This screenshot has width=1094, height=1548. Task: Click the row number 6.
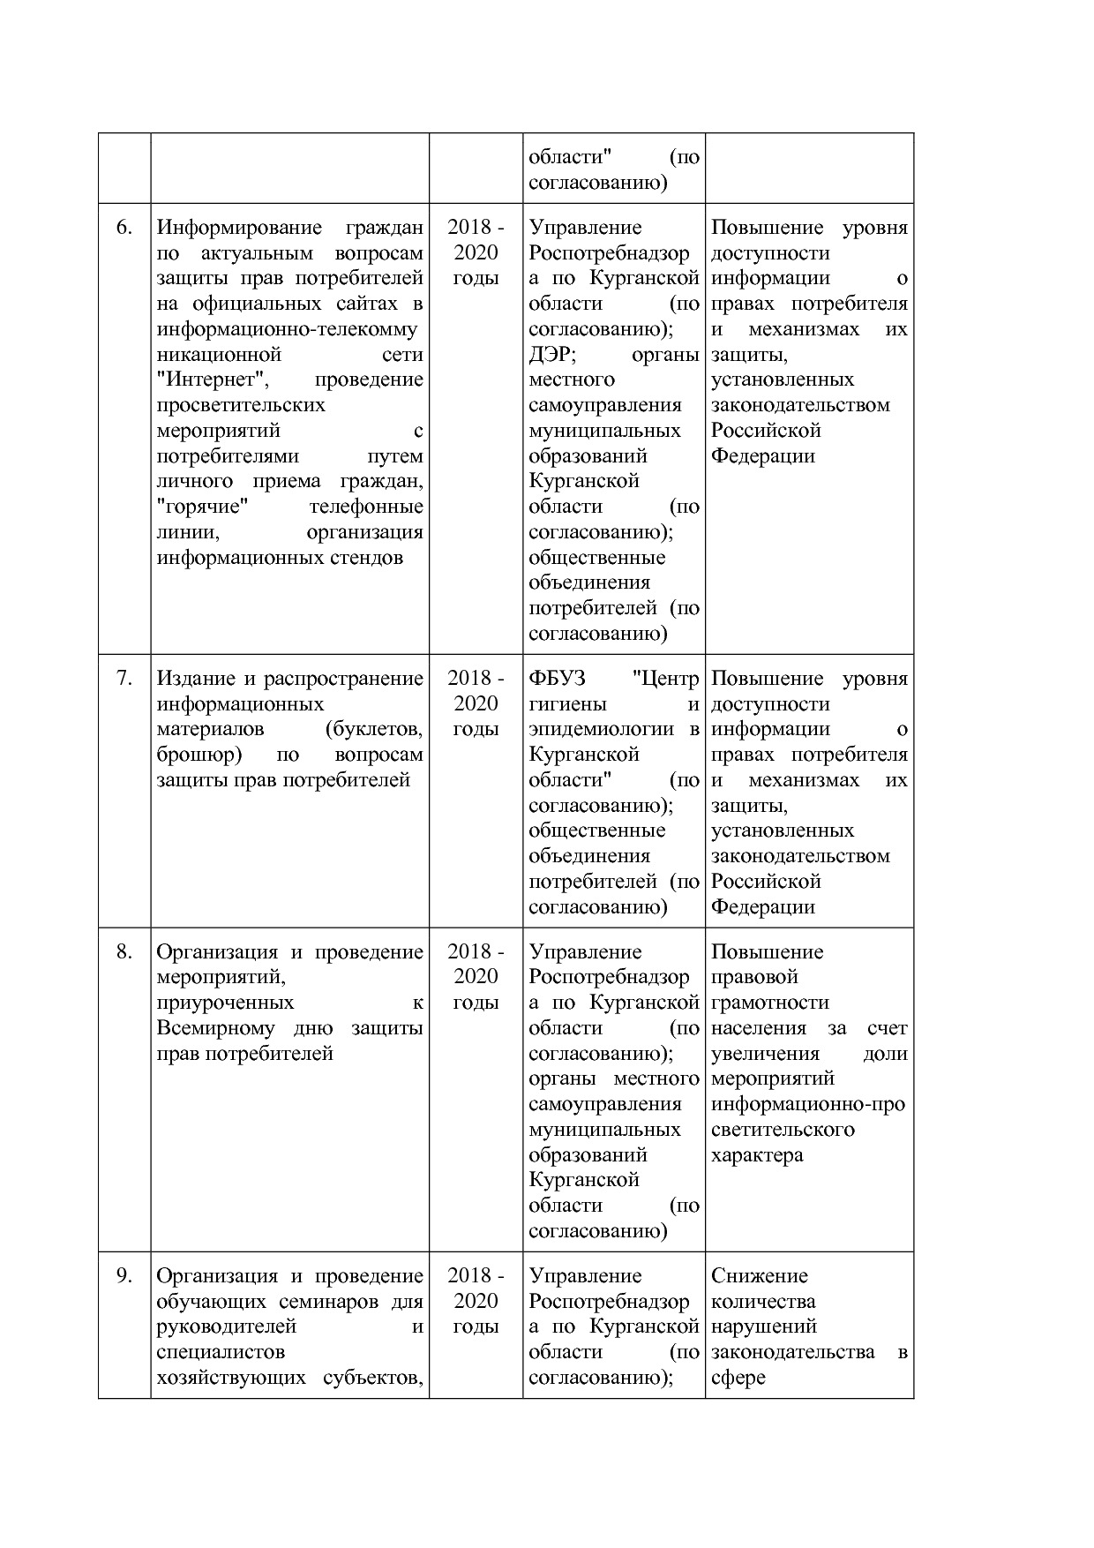pyautogui.click(x=124, y=228)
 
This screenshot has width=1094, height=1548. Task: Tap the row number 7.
pyautogui.click(x=124, y=679)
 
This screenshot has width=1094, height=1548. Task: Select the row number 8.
pyautogui.click(x=124, y=952)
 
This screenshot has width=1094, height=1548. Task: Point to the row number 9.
pyautogui.click(x=124, y=1276)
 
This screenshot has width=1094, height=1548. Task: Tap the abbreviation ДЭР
pyautogui.click(x=551, y=355)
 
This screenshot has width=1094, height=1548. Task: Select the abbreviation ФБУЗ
pyautogui.click(x=557, y=679)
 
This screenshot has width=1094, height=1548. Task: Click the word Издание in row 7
pyautogui.click(x=195, y=679)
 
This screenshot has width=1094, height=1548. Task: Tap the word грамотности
pyautogui.click(x=769, y=1003)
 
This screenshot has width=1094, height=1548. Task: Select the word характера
pyautogui.click(x=757, y=1156)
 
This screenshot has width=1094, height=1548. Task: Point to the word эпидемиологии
pyautogui.click(x=600, y=730)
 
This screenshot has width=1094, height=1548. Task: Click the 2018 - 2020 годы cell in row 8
pyautogui.click(x=476, y=977)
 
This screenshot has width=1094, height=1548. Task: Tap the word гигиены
pyautogui.click(x=567, y=704)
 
